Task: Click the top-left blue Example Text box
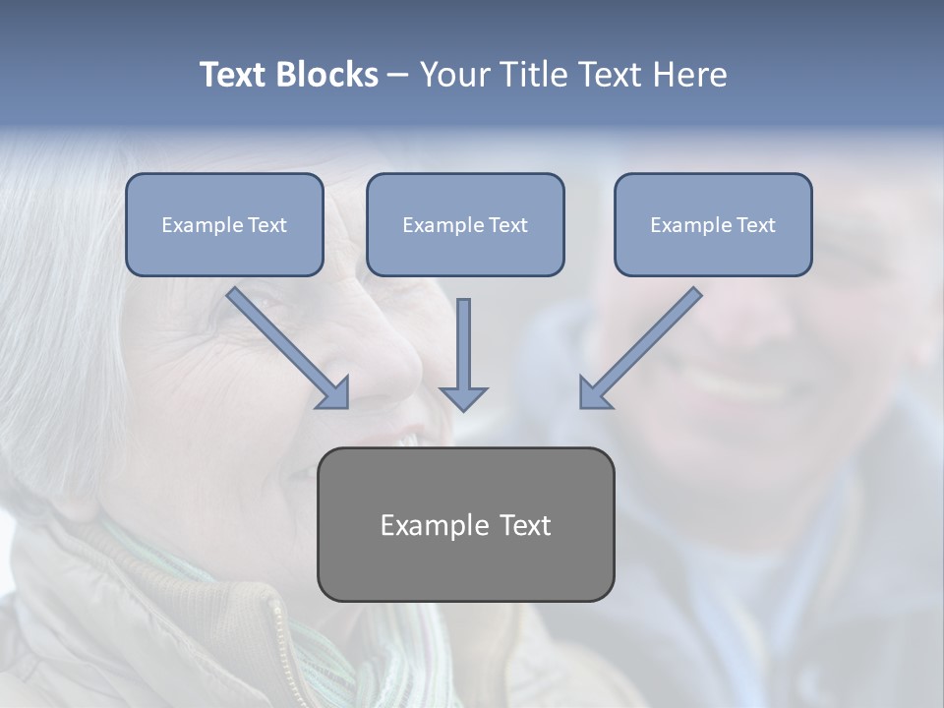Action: point(224,224)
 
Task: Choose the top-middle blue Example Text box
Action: point(465,224)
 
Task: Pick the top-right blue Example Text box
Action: point(713,224)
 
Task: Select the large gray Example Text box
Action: point(465,524)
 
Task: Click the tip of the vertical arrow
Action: point(463,407)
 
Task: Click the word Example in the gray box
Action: point(421,525)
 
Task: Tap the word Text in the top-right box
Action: point(755,225)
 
